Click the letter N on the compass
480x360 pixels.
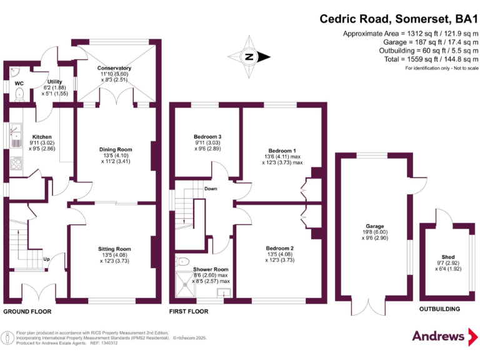click(249, 57)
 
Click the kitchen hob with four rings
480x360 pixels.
click(16, 163)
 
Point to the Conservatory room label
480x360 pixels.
click(114, 68)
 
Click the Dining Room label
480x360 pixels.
click(116, 149)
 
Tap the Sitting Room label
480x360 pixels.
click(114, 249)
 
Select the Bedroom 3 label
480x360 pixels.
click(207, 136)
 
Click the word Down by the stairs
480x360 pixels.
click(211, 189)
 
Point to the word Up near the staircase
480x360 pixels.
click(46, 259)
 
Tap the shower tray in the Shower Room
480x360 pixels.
click(185, 284)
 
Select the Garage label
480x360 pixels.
click(375, 226)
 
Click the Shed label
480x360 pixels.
click(448, 257)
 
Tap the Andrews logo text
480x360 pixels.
click(438, 336)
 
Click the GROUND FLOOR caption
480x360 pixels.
click(27, 312)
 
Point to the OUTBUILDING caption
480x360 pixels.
click(439, 309)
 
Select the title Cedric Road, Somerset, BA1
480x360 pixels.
click(399, 19)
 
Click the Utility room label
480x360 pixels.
click(55, 82)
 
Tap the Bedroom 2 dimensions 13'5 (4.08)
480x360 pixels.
click(280, 254)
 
